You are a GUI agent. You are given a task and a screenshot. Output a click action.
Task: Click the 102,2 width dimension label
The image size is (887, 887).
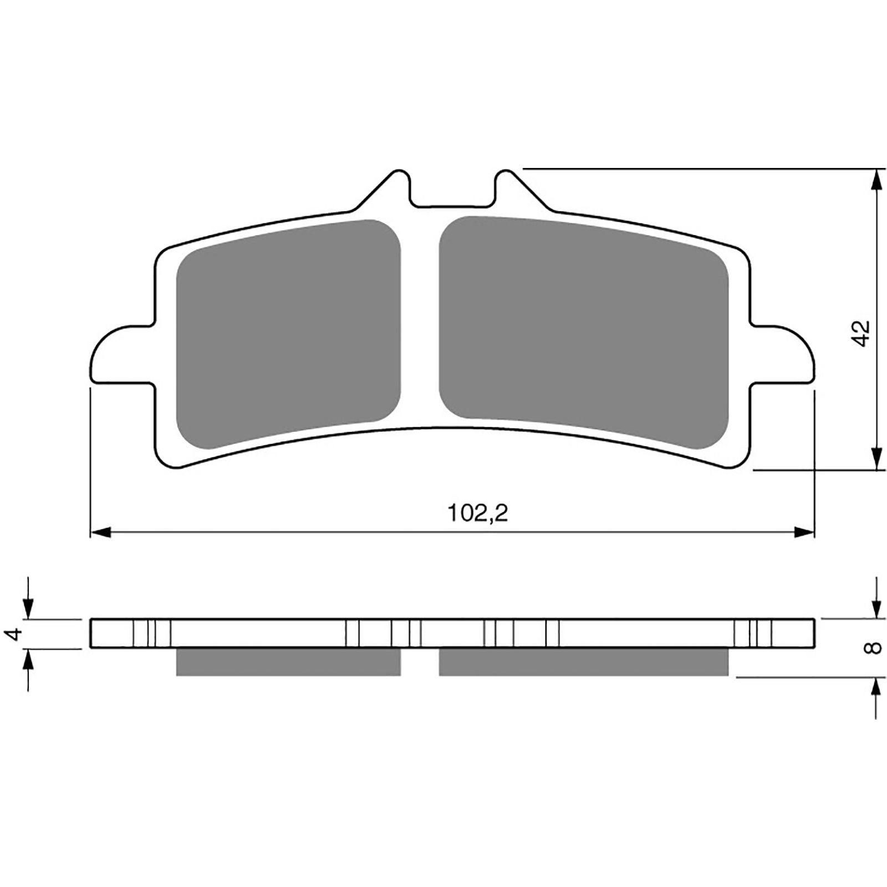tap(477, 514)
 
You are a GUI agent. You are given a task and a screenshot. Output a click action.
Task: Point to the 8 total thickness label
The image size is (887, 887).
tap(873, 648)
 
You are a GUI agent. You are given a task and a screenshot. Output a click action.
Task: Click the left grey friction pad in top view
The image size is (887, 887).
tap(288, 334)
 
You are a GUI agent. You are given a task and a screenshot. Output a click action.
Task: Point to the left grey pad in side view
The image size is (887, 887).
tap(288, 662)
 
